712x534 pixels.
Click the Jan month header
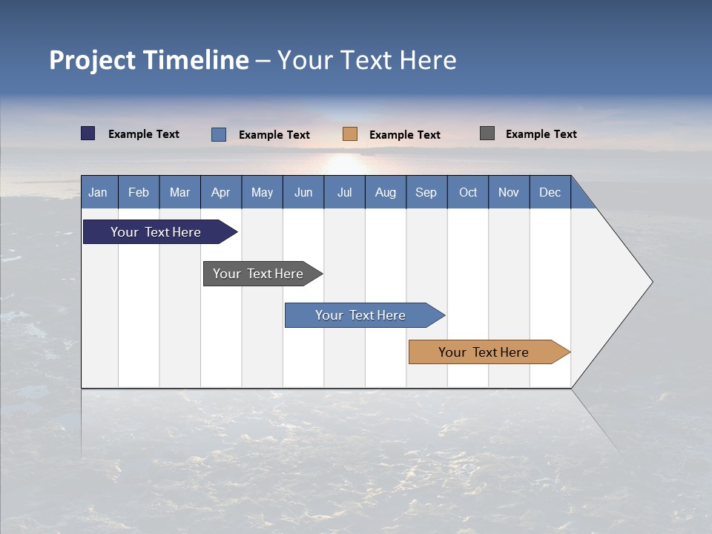click(x=99, y=192)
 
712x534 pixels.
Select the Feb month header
click(x=139, y=192)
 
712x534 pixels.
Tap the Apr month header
click(x=220, y=192)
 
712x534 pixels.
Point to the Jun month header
click(x=303, y=192)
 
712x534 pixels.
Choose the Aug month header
click(x=385, y=192)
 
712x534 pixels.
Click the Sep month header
click(x=426, y=192)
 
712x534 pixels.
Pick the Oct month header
click(x=468, y=192)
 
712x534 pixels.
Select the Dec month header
click(x=550, y=192)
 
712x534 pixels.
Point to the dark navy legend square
click(x=88, y=133)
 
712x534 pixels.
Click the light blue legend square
click(x=219, y=134)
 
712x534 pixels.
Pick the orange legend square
click(x=350, y=133)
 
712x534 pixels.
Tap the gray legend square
click(x=487, y=133)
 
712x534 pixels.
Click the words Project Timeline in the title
click(x=148, y=60)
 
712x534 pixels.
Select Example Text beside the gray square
click(x=541, y=134)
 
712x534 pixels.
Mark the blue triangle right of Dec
click(x=580, y=197)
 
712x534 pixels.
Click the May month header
click(x=262, y=192)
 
